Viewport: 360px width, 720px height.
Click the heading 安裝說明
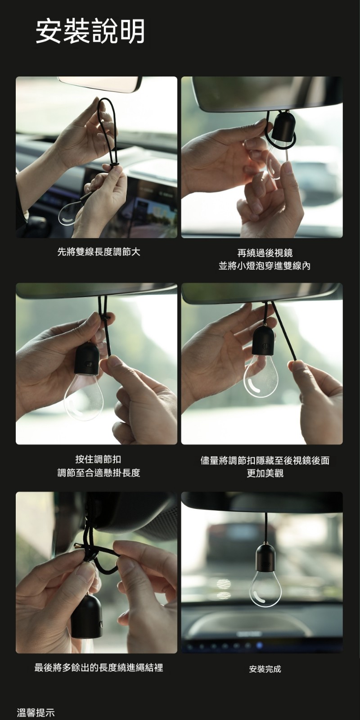point(90,31)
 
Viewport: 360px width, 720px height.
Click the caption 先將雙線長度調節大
point(99,252)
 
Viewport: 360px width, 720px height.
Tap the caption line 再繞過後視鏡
point(265,252)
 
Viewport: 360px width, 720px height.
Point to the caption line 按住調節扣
point(98,459)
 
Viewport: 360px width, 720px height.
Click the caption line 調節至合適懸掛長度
point(99,472)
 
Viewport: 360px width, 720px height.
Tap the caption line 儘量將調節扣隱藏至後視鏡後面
point(265,460)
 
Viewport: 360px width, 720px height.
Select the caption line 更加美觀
point(265,473)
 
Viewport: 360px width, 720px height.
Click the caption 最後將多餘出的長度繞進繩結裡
point(99,668)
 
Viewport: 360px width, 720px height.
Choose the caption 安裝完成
point(265,669)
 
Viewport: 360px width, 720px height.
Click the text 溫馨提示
point(36,712)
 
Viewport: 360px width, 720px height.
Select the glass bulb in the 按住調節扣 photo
point(84,397)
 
